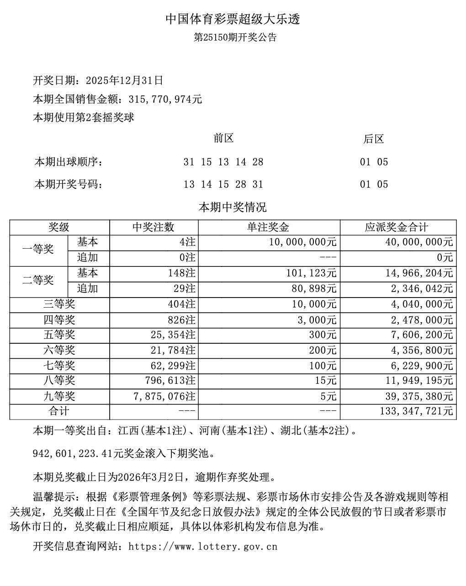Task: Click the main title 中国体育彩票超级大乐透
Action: point(233,19)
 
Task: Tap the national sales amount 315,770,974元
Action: point(165,99)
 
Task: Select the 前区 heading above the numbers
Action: point(223,139)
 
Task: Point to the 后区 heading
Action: point(374,139)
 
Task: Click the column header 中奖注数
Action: point(154,228)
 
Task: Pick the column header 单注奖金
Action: point(269,228)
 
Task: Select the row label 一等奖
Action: point(38,250)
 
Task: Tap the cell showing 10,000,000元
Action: point(303,242)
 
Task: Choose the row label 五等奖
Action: point(59,335)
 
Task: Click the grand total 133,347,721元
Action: point(416,411)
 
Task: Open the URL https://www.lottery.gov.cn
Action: point(204,546)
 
